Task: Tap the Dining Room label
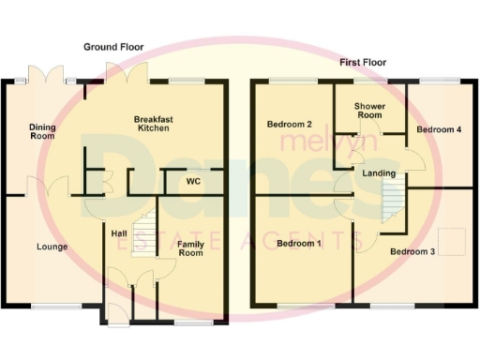point(41,131)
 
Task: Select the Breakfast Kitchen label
point(154,125)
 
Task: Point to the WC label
point(194,180)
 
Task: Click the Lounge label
point(52,247)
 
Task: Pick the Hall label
point(118,233)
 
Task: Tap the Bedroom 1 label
point(299,244)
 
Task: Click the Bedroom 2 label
point(289,124)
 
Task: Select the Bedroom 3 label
point(412,251)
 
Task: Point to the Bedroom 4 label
point(439,129)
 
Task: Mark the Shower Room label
point(369,111)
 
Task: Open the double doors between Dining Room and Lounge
point(46,187)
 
